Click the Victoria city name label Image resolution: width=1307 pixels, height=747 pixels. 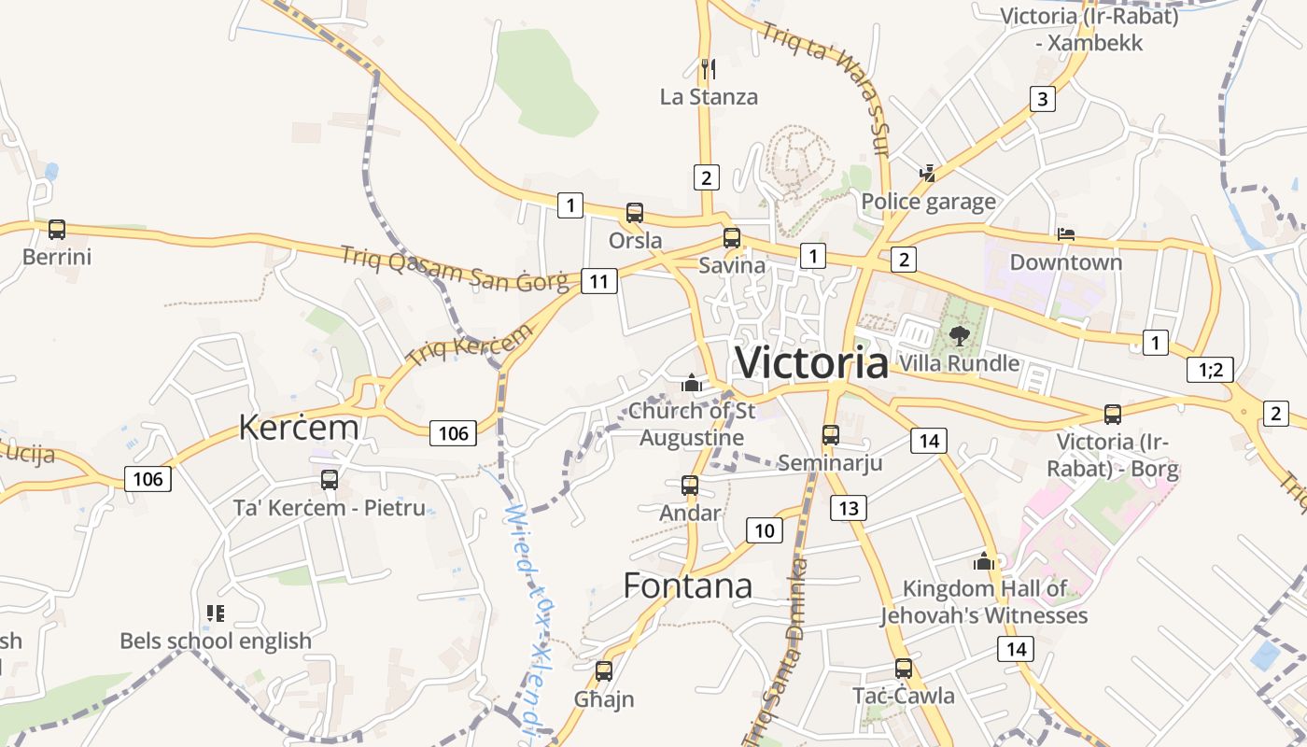coord(812,362)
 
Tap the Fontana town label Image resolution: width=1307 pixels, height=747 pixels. coord(687,585)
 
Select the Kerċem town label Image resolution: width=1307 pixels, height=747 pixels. coord(299,427)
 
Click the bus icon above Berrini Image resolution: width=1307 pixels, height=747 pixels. coord(57,230)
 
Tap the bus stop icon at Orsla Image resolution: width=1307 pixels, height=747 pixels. coord(635,213)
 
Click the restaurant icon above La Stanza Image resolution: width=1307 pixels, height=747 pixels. coord(709,68)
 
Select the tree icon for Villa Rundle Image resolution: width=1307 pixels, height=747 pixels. coord(959,335)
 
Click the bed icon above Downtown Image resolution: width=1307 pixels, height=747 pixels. coord(1066,233)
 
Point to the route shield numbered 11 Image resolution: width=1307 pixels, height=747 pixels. coord(598,281)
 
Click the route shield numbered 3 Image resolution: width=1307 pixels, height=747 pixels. coord(1043,98)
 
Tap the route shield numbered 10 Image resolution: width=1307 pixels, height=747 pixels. coord(765,530)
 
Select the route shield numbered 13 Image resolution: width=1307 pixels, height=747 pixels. coord(849,507)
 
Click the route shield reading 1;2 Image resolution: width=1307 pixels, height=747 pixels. coord(1211,370)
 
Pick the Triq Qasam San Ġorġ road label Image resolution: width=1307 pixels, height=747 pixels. coord(454,268)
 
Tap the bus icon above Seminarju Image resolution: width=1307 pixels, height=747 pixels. coord(831,434)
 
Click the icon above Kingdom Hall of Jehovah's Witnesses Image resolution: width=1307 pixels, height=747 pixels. coord(984,561)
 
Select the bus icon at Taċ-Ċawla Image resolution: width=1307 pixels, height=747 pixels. coord(903,669)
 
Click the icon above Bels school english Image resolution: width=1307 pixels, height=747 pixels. coord(216,613)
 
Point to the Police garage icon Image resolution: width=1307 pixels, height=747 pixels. coord(928,173)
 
